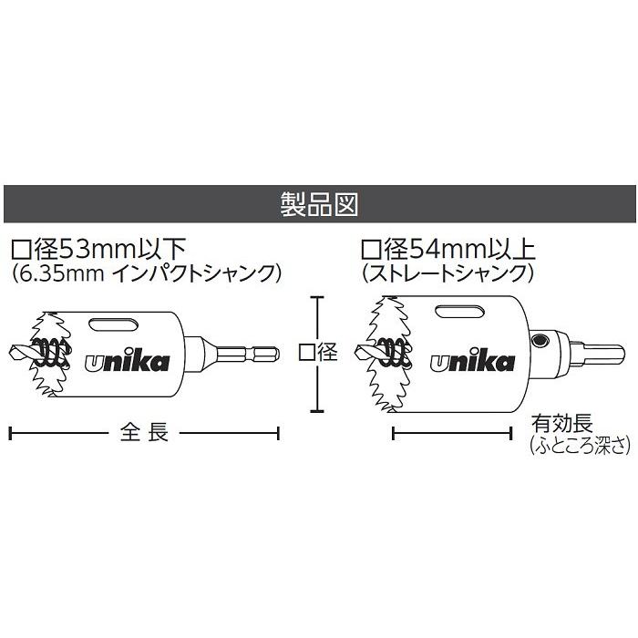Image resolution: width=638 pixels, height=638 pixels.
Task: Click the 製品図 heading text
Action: (x=319, y=204)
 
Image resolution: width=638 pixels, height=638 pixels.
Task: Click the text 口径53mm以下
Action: (x=98, y=249)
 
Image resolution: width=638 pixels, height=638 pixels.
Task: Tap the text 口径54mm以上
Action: (x=448, y=249)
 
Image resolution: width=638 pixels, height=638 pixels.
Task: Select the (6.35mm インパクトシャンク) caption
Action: (x=146, y=273)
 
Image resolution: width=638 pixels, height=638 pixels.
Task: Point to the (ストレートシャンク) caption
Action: (x=448, y=273)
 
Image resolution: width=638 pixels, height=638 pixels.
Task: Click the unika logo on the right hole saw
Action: (x=472, y=359)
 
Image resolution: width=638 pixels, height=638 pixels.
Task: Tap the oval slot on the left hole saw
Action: (x=113, y=324)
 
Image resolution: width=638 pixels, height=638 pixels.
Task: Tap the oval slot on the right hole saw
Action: (x=459, y=312)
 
